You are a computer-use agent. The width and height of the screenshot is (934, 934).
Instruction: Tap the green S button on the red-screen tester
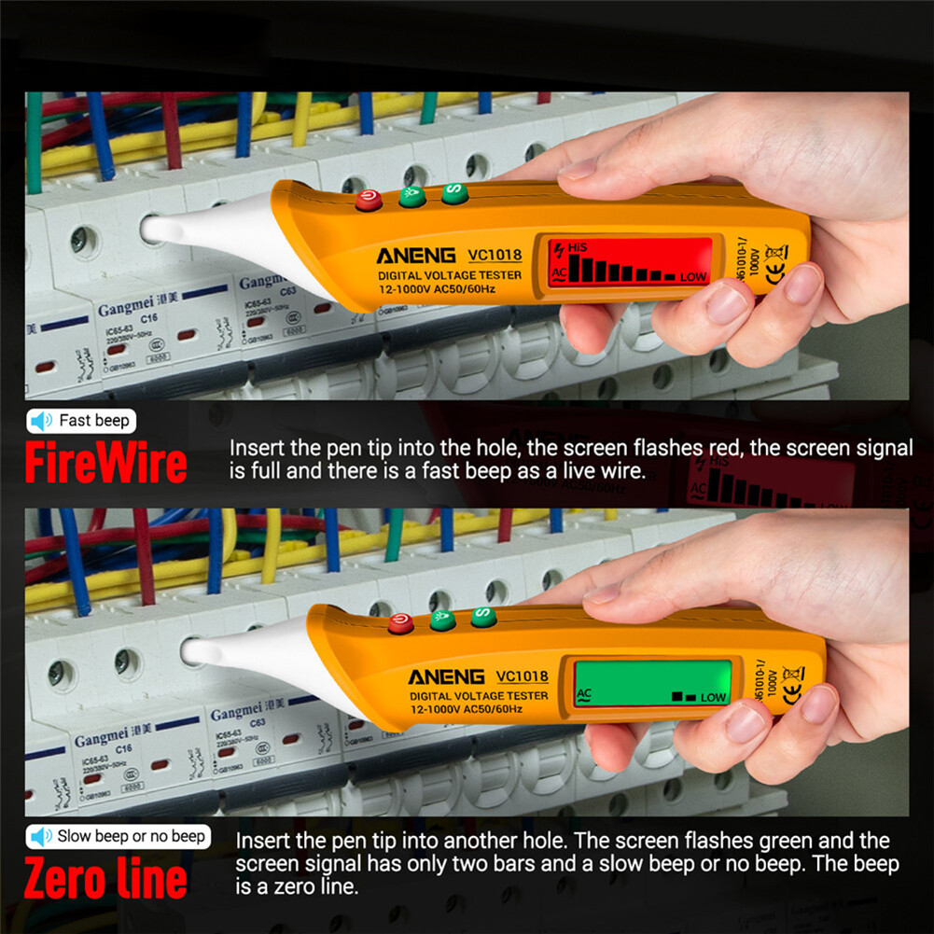tap(454, 193)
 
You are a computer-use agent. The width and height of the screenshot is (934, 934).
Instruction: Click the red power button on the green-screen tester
tap(400, 624)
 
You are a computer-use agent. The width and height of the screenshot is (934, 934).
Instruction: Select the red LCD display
tap(630, 261)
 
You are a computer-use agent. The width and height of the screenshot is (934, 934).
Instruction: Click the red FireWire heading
tap(105, 464)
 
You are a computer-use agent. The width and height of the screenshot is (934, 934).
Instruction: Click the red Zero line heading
tap(105, 880)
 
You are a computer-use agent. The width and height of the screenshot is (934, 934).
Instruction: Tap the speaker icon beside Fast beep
tap(41, 421)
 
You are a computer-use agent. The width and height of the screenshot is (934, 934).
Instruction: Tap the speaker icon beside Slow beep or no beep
tap(41, 836)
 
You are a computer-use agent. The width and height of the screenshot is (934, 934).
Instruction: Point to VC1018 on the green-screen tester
tap(522, 676)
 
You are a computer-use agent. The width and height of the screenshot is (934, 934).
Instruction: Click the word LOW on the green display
tap(714, 697)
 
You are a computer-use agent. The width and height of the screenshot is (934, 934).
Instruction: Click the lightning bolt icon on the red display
tap(558, 250)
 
